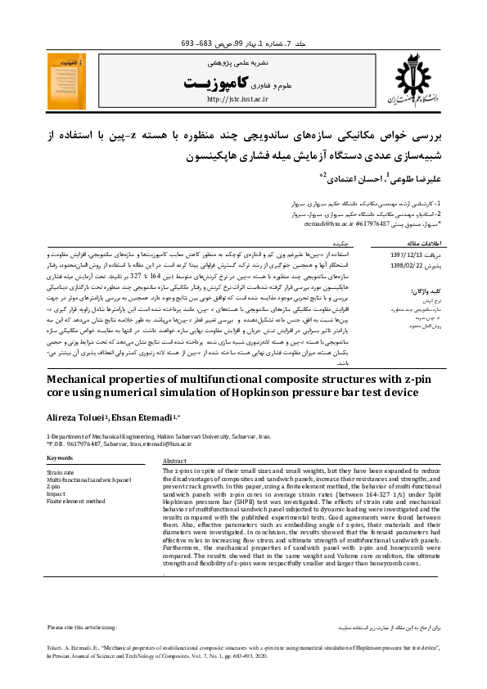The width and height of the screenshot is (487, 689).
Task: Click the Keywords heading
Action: [x=61, y=459]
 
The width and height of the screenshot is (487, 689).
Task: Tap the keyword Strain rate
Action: [x=61, y=473]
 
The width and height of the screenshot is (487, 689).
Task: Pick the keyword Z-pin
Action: [x=54, y=487]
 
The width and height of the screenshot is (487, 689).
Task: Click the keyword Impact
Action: [x=56, y=493]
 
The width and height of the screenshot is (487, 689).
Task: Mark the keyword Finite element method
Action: [x=76, y=501]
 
